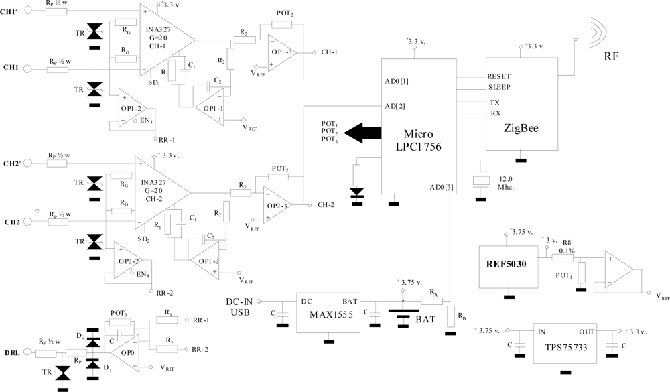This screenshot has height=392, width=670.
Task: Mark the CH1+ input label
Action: coord(11,11)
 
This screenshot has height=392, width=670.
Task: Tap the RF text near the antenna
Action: coord(612,56)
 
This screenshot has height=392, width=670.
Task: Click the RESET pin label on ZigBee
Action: coord(500,76)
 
